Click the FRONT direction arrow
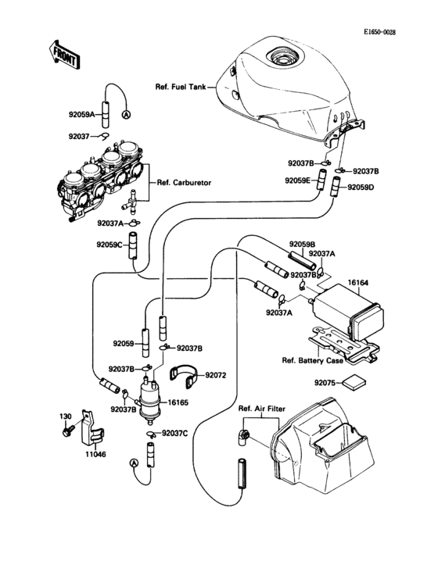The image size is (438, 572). pos(63,52)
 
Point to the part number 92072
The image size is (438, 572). pos(216,375)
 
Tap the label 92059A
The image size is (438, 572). pos(81,115)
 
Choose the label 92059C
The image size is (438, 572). pos(110,245)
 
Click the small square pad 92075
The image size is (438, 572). pos(356,382)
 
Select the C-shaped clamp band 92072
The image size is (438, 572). pos(182,376)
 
